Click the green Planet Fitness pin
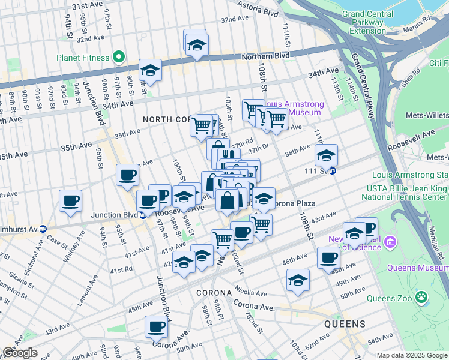point(119,58)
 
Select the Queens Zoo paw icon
point(423,296)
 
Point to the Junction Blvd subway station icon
point(142,215)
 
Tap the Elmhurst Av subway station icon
point(43,229)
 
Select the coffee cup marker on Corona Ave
point(156,327)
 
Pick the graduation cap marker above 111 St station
point(326,155)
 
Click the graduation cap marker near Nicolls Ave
point(298,281)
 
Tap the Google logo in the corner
point(20,353)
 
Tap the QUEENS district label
point(345,324)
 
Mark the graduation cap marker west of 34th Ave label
point(149,71)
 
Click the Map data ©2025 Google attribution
point(411,355)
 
